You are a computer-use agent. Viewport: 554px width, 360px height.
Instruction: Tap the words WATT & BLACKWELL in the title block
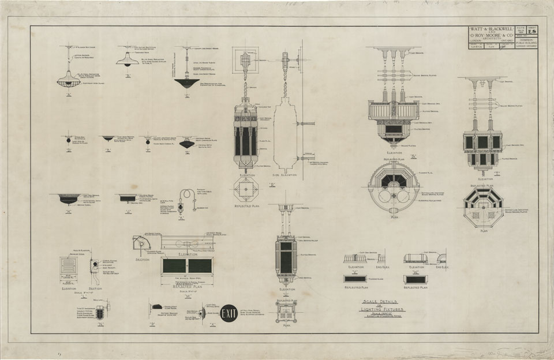point(488,30)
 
